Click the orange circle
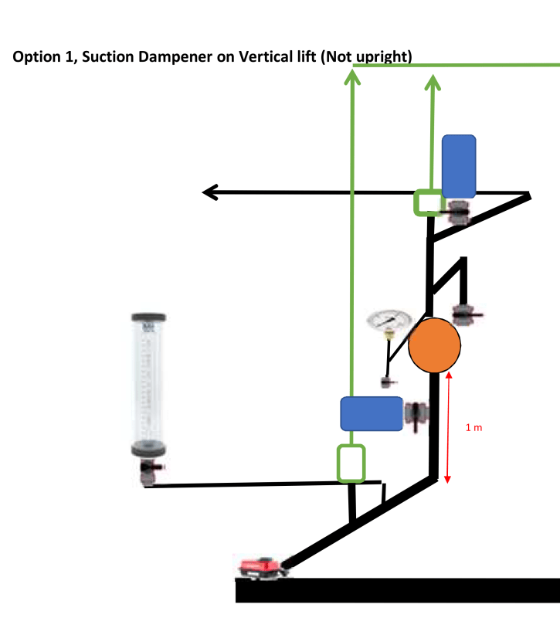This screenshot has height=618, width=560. (434, 345)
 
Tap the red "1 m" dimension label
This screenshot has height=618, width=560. (474, 426)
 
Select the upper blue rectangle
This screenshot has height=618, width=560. (459, 166)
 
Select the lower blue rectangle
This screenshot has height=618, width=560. (371, 414)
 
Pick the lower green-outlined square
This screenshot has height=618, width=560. (351, 463)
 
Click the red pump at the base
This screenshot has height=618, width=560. (261, 568)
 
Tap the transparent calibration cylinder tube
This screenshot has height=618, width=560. (148, 382)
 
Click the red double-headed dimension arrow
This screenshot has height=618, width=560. (447, 427)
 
